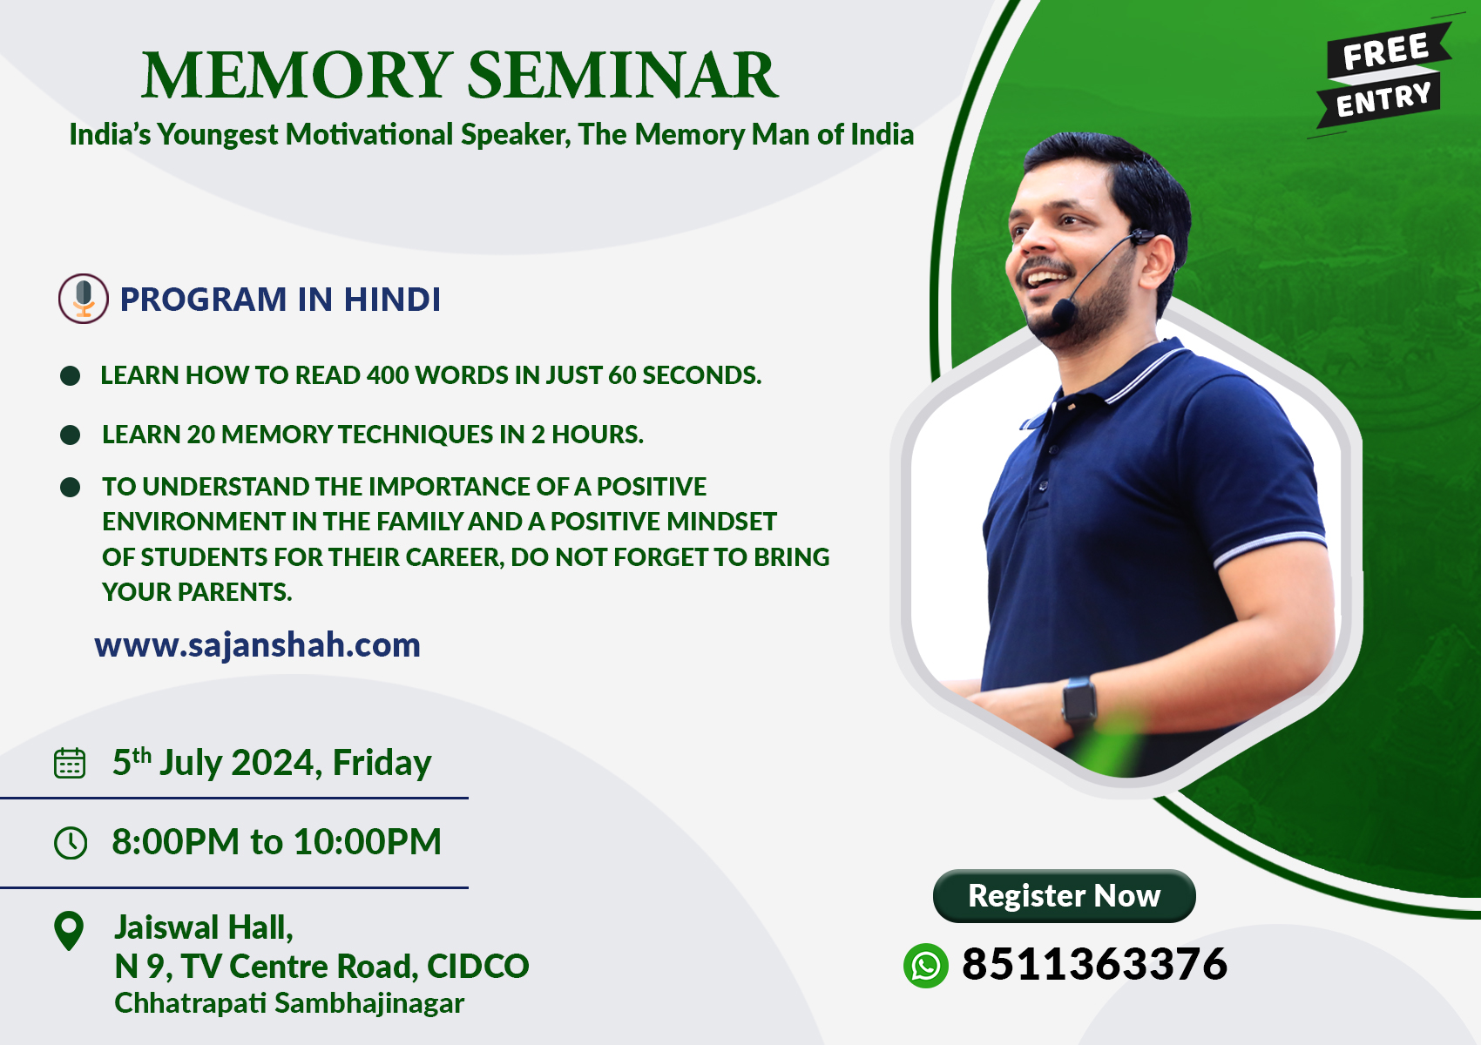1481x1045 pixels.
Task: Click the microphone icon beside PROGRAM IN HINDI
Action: point(84,299)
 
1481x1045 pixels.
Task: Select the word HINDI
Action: point(392,300)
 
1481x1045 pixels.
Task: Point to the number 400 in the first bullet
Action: point(388,375)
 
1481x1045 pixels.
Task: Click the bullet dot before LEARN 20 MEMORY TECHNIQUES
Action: point(70,435)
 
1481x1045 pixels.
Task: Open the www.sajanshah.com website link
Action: point(257,645)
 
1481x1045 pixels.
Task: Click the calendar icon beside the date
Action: point(70,764)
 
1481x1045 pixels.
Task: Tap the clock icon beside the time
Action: point(70,843)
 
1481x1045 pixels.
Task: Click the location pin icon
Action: point(69,931)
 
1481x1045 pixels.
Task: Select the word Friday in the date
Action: point(382,764)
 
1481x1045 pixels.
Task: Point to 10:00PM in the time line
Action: point(367,841)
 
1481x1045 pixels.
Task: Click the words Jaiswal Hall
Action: point(204,927)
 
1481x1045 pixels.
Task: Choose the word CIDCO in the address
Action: point(478,967)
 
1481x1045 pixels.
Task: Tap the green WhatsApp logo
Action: point(925,965)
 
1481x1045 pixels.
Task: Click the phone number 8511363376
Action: point(1094,964)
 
